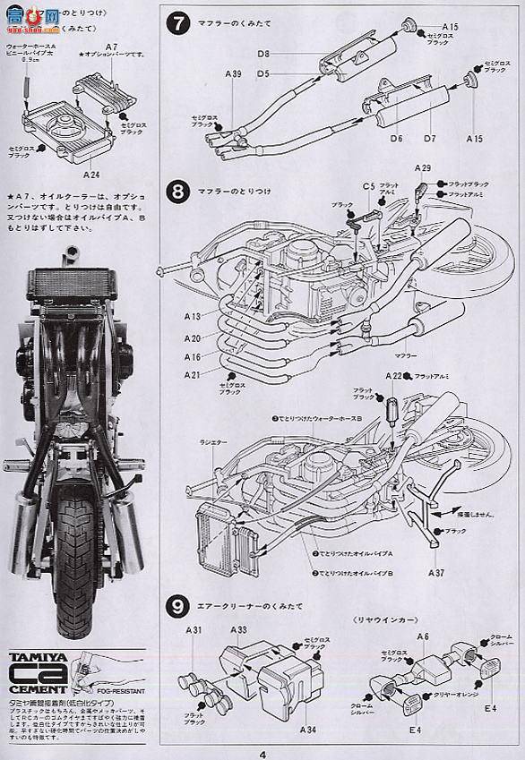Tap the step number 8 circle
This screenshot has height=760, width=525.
pyautogui.click(x=180, y=192)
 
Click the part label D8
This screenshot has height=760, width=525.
pyautogui.click(x=264, y=55)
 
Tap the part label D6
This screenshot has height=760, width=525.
pyautogui.click(x=396, y=139)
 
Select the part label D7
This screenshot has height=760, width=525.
pyautogui.click(x=429, y=139)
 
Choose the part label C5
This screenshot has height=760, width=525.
pyautogui.click(x=367, y=186)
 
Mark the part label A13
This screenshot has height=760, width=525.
pyautogui.click(x=194, y=317)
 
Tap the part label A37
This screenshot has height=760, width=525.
pyautogui.click(x=436, y=571)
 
